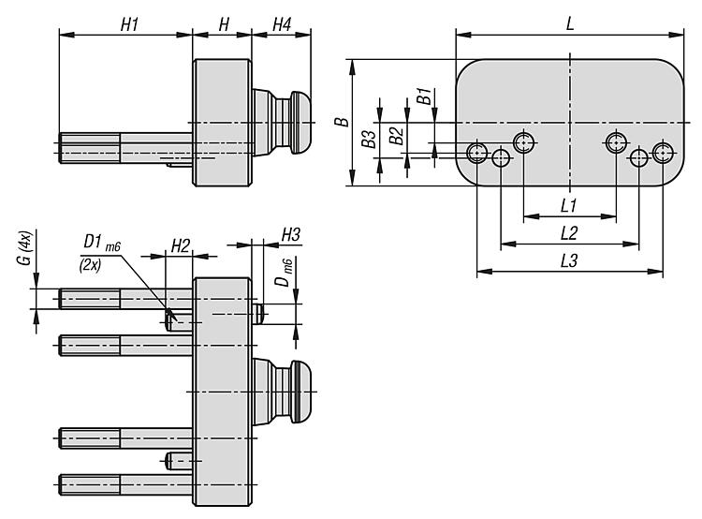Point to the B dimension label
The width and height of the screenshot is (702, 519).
(x=344, y=121)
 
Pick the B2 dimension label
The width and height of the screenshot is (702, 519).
(x=397, y=135)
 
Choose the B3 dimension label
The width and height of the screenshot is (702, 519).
(x=371, y=140)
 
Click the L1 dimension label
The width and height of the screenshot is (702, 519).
(x=568, y=205)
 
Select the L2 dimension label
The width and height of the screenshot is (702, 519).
(x=568, y=232)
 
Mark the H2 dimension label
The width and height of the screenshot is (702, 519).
(x=181, y=245)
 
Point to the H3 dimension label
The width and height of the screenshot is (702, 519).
(x=290, y=233)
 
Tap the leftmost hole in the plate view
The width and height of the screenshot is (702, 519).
(x=478, y=152)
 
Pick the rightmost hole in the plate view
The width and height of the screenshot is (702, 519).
(x=664, y=152)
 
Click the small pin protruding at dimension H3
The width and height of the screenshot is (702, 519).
(x=260, y=312)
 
